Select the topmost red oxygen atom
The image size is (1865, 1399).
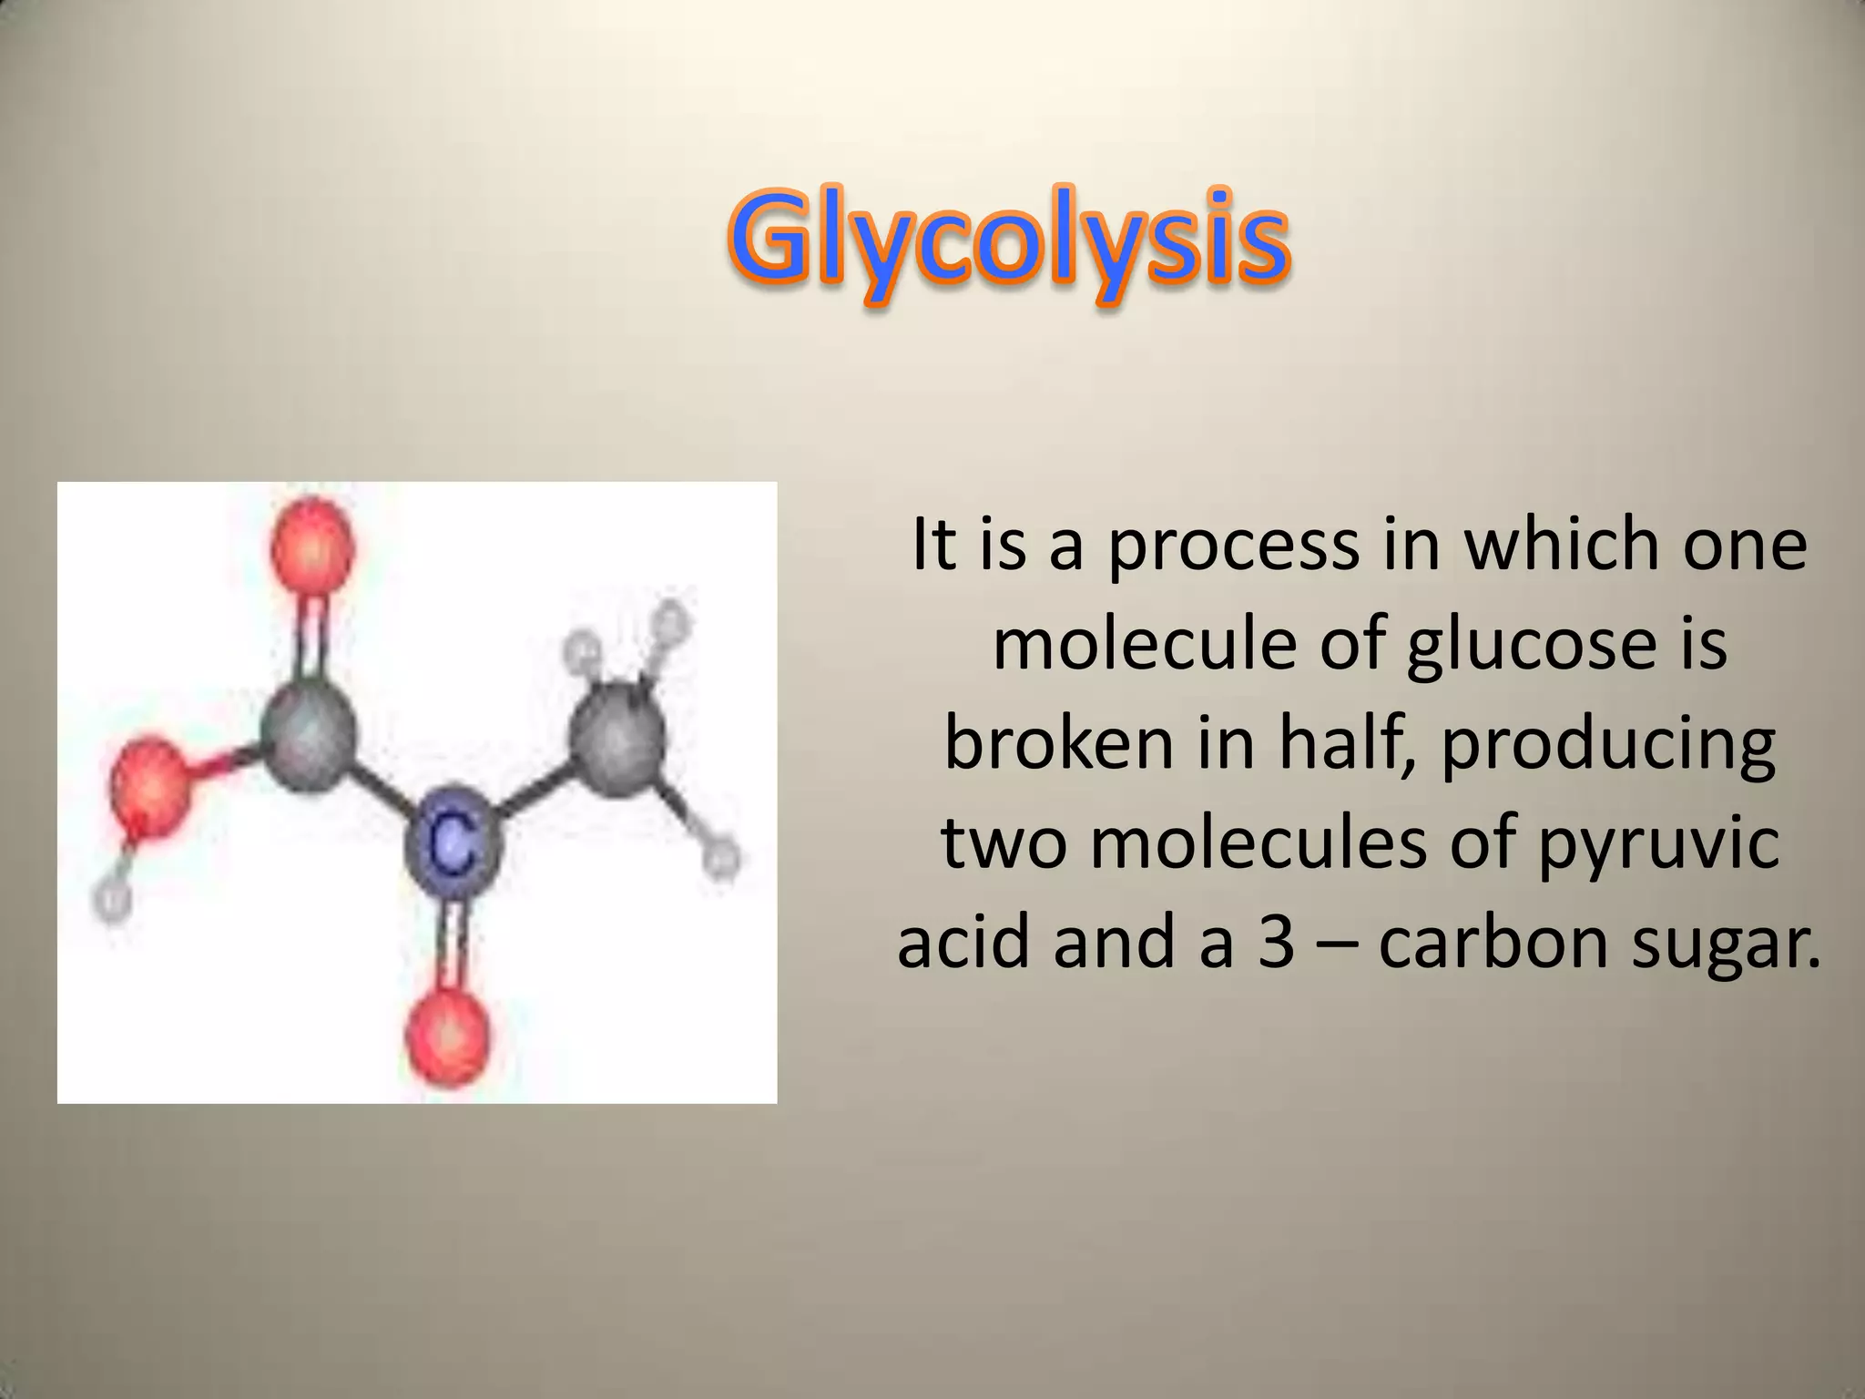[312, 549]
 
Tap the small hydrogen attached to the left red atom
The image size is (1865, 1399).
[112, 901]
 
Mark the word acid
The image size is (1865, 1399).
[965, 942]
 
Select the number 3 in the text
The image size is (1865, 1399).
[1276, 942]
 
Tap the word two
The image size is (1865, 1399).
[1004, 843]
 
